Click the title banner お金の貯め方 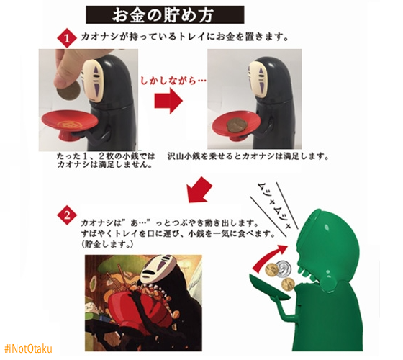[x=165, y=14]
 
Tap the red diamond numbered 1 [x=67, y=38]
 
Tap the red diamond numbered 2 [x=67, y=215]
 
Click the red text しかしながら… [x=173, y=81]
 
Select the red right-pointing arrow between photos [x=168, y=101]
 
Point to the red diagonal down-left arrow [x=200, y=189]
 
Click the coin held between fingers [x=68, y=91]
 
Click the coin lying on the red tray [x=236, y=126]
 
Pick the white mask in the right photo [x=258, y=80]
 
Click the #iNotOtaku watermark [x=29, y=348]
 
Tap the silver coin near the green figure [x=284, y=269]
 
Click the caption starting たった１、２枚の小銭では [x=107, y=160]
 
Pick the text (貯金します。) [x=107, y=244]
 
